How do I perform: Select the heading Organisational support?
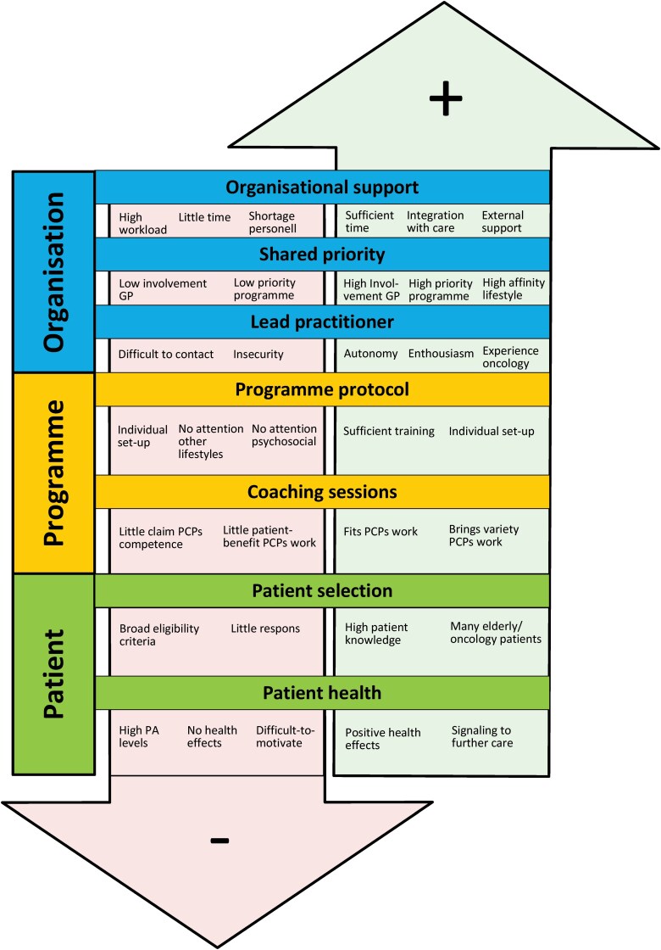[323, 187]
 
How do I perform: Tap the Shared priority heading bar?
[323, 254]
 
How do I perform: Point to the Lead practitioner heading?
[323, 322]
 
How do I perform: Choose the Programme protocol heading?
[323, 389]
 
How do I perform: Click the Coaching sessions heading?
[323, 491]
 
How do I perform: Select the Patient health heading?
[323, 693]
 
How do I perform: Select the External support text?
[503, 221]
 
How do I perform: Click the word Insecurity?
[258, 354]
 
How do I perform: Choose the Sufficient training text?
[389, 431]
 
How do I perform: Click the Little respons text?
[265, 629]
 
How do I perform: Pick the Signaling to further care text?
[481, 736]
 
